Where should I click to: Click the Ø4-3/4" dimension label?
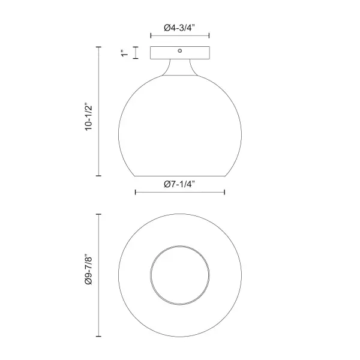(x=179, y=28)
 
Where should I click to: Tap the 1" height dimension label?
(x=125, y=53)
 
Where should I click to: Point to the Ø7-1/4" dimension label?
(x=179, y=184)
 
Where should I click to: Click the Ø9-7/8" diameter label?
(x=89, y=269)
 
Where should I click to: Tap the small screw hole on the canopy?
(x=180, y=51)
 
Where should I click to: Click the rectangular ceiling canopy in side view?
(x=180, y=53)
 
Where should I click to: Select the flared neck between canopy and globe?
(x=180, y=67)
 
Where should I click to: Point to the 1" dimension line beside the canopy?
(x=136, y=53)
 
